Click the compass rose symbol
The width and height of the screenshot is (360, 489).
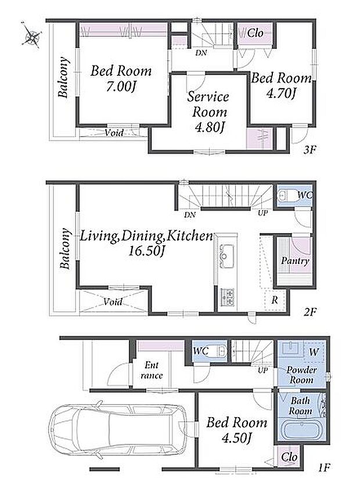coord(32,35)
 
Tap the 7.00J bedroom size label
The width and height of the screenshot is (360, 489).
coord(121,86)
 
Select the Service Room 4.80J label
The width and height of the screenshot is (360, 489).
coord(208,113)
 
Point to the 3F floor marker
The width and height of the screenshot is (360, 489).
coord(309,150)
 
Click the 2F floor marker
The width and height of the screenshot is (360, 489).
coord(311,311)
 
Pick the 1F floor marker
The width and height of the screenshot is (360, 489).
coord(324,468)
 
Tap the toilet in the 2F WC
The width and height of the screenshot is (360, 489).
coord(285,195)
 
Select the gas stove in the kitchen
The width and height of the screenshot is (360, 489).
coord(228,297)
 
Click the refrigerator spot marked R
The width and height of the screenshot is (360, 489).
coord(275,300)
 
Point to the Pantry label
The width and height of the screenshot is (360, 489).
coord(295,260)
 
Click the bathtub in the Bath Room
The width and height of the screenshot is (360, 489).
coord(301,429)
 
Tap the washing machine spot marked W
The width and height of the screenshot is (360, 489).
coord(314,352)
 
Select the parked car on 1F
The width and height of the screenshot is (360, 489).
coord(119,430)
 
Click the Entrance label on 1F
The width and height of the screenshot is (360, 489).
coord(152,370)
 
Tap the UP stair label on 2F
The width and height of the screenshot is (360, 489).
coord(263,213)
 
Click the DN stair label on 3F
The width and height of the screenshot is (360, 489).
coord(201,53)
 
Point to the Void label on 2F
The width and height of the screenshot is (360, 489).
coord(113,302)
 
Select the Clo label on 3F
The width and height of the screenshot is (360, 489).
coord(255,32)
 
